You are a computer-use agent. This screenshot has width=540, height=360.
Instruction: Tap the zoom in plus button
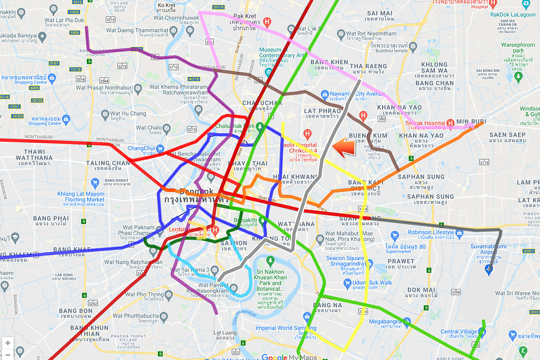pos(8,343)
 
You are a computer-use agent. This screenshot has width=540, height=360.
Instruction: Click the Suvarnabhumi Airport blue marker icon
pos(489,269)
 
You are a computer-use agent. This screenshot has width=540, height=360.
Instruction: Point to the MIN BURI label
pos(471,122)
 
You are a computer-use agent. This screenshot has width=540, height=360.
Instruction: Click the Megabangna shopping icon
pos(407,321)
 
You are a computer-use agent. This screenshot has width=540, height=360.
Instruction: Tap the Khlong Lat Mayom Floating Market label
pos(81,197)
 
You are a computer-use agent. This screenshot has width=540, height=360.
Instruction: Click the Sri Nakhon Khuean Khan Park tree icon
pos(270,260)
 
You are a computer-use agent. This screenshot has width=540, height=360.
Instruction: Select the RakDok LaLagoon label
pos(513,14)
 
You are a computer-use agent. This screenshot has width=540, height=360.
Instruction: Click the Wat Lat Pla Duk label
pos(64,21)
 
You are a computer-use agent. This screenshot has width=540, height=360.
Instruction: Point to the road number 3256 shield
pos(456,292)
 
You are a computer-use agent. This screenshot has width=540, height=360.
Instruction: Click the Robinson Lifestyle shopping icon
pos(459,233)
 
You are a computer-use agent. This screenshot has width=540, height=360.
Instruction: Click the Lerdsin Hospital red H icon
pos(215,230)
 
